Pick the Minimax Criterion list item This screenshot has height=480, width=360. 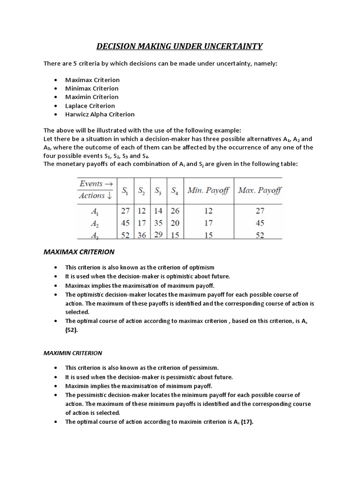click(92, 88)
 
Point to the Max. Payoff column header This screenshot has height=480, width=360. click(260, 190)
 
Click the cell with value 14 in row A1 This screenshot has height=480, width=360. click(158, 211)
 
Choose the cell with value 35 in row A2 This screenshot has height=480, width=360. click(158, 223)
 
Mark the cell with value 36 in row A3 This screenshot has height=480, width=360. click(141, 235)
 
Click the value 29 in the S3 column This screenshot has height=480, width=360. click(158, 234)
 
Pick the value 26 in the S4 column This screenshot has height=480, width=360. click(174, 211)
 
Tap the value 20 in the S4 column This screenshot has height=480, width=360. click(174, 223)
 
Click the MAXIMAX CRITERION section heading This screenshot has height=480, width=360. click(79, 252)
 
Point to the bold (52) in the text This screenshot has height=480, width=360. click(72, 330)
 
